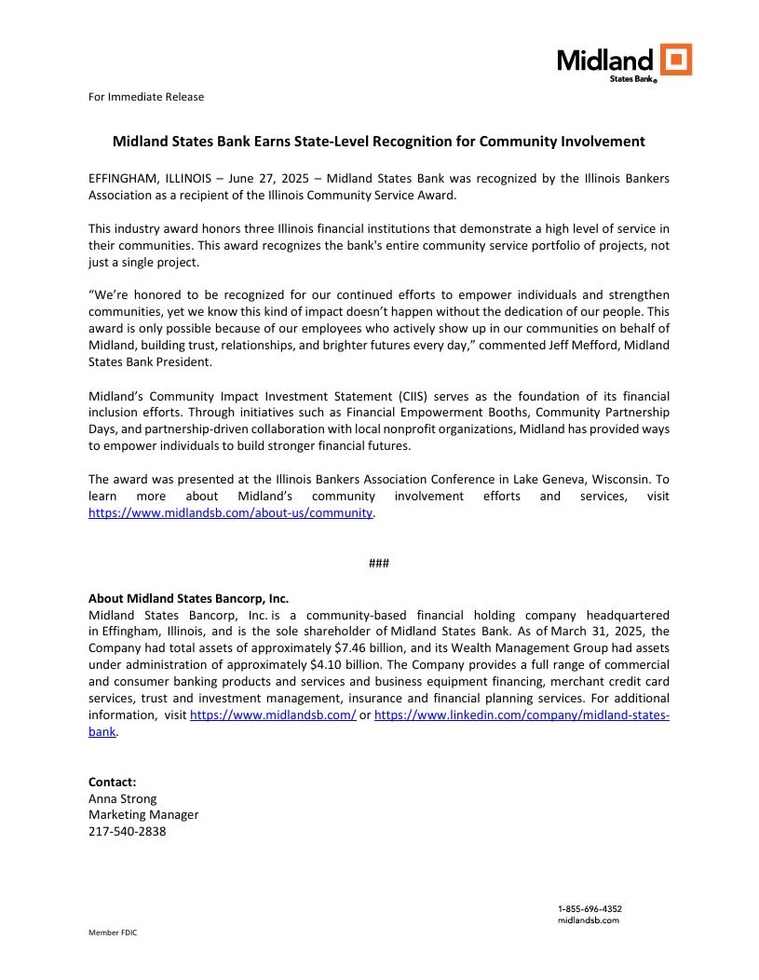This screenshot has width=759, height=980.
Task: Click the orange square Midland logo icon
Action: tap(676, 59)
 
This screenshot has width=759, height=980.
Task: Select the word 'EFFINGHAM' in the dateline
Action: tap(122, 177)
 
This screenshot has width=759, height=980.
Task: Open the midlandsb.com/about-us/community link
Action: tap(230, 513)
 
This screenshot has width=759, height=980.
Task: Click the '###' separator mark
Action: tap(379, 564)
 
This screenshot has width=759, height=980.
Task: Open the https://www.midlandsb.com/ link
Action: tap(273, 715)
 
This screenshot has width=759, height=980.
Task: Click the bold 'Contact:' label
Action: tap(112, 782)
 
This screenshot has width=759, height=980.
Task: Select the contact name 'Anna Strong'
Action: tap(122, 798)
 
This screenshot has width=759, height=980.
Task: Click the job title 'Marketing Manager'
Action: tap(142, 815)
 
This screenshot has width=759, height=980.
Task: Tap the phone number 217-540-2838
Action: tap(127, 832)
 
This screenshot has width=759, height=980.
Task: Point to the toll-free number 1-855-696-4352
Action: tap(590, 908)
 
